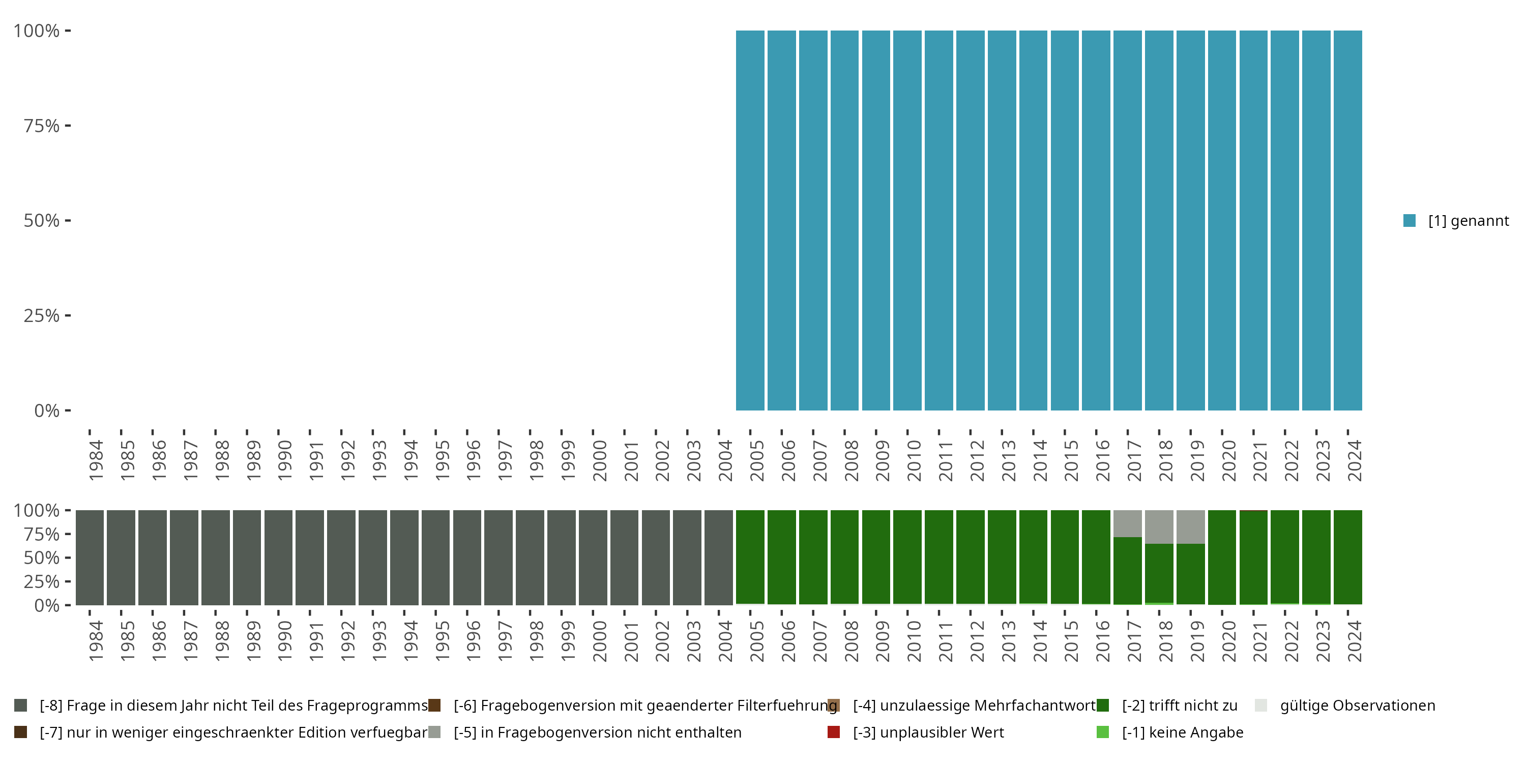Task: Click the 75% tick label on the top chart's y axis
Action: click(x=42, y=126)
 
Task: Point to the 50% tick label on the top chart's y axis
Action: click(x=42, y=220)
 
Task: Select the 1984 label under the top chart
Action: click(x=96, y=460)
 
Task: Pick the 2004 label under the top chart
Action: click(x=725, y=460)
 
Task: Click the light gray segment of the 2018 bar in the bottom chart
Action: click(x=1159, y=526)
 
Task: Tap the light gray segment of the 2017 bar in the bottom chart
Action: click(x=1127, y=523)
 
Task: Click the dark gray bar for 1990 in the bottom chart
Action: click(x=278, y=557)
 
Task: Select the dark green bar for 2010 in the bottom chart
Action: click(x=907, y=557)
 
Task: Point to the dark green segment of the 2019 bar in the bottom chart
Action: click(x=1190, y=573)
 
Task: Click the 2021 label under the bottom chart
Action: click(x=1260, y=641)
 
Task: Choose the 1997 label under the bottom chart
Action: click(x=505, y=641)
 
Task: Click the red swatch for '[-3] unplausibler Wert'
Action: click(x=834, y=732)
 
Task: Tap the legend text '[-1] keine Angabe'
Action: click(x=1183, y=732)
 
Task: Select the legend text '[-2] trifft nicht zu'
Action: click(x=1180, y=706)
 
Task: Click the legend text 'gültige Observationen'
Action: click(x=1357, y=706)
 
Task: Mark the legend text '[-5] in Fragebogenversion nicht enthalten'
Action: click(x=597, y=732)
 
